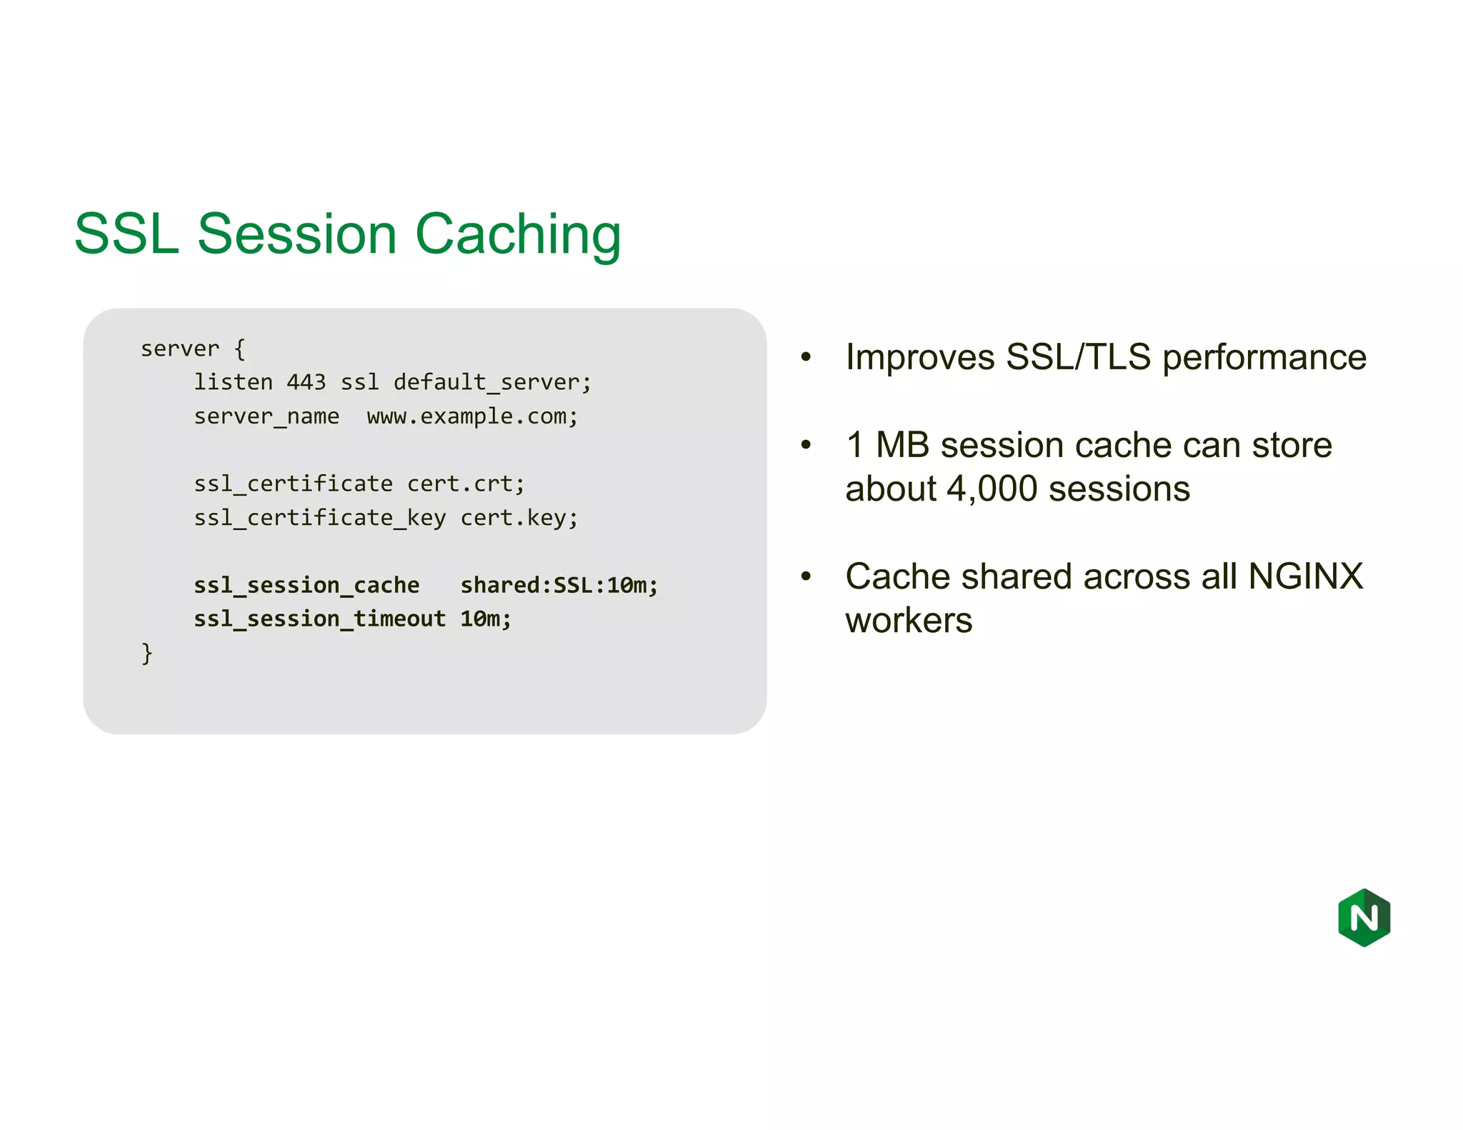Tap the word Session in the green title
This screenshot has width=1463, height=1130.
(296, 234)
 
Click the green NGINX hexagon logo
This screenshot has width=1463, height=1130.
(1364, 917)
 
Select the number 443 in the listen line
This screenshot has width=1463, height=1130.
(306, 382)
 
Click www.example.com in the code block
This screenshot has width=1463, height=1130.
(471, 416)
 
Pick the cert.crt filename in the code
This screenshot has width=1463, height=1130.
(465, 484)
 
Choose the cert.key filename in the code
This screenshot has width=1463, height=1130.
(518, 518)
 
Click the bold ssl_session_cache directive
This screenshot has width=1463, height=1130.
(306, 586)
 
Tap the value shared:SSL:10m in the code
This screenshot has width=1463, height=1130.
(558, 586)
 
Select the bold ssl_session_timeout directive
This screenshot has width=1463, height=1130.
(319, 619)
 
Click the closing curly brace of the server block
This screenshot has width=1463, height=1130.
(146, 653)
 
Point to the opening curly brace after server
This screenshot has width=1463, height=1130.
(240, 349)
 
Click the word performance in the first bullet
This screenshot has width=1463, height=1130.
(1264, 358)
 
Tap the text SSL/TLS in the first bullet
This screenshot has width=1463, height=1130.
(1078, 356)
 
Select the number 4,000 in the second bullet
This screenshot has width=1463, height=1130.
(992, 489)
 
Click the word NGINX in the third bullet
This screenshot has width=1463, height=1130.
(1305, 576)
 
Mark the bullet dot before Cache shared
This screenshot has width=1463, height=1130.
(806, 576)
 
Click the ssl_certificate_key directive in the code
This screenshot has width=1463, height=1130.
(319, 518)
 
